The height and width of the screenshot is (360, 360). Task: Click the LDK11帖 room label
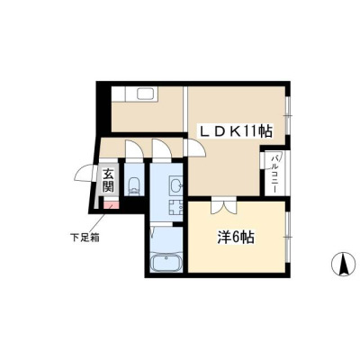click(236, 131)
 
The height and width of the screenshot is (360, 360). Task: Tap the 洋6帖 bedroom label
click(236, 238)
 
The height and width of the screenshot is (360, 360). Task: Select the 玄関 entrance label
click(108, 180)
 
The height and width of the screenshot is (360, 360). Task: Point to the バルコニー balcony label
click(274, 174)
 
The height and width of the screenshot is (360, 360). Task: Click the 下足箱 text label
click(85, 238)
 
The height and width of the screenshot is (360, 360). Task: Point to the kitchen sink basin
click(146, 94)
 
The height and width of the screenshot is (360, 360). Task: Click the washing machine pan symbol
click(175, 207)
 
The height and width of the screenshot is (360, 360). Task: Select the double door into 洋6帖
click(223, 206)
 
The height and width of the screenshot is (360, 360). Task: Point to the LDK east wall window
click(288, 115)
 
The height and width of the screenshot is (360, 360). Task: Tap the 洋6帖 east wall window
click(287, 237)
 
